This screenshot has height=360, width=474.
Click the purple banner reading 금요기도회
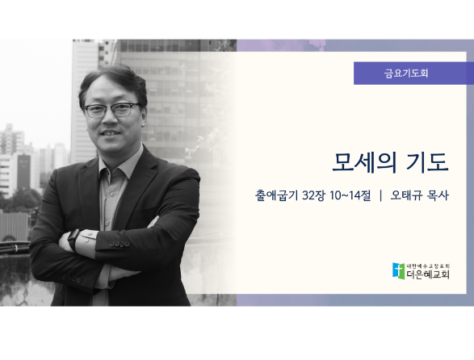[x=413, y=73]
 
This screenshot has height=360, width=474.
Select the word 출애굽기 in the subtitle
[x=276, y=195]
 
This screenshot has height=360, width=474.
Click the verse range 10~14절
[x=350, y=195]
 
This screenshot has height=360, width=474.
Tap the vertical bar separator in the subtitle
[x=380, y=195]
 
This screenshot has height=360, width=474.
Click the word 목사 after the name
[x=438, y=195]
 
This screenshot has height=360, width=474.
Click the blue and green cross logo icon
[x=398, y=271]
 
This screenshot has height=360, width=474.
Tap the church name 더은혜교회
[x=428, y=274]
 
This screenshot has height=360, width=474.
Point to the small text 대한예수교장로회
[x=428, y=266]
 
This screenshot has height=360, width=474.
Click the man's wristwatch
[x=73, y=240]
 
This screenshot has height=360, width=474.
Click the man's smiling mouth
[x=111, y=132]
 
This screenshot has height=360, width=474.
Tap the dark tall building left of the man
[x=23, y=171]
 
